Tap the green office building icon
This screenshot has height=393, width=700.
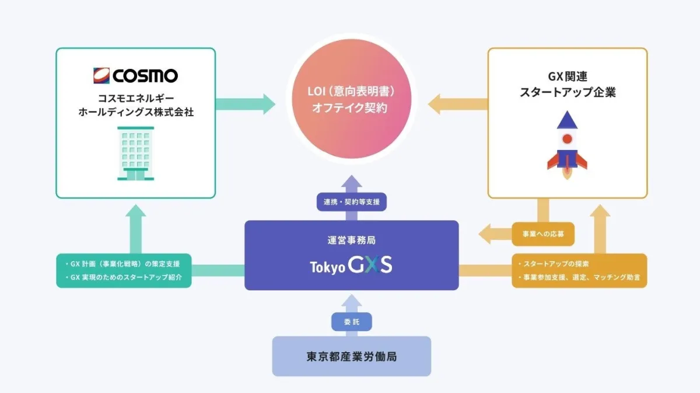(x=135, y=153)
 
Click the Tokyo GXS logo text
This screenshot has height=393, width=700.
(x=351, y=266)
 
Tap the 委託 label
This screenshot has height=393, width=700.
(x=351, y=322)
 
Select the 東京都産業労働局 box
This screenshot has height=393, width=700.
(x=351, y=356)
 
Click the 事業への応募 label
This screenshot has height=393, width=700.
(x=542, y=235)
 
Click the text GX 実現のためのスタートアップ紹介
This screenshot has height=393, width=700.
(x=127, y=277)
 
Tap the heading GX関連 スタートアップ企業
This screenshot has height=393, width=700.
(x=567, y=84)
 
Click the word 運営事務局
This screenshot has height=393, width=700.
(x=351, y=239)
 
